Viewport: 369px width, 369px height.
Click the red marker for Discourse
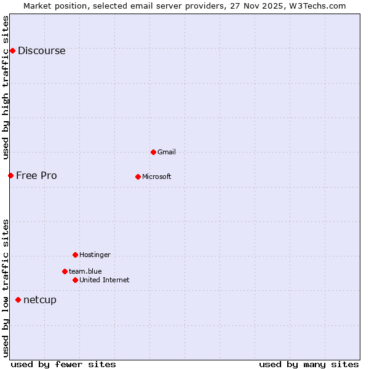(x=12, y=50)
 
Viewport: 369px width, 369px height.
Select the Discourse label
(x=41, y=51)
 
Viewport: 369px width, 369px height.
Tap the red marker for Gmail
(x=153, y=152)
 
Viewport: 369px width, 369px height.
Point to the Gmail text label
(x=167, y=152)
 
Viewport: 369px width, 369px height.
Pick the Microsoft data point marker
(x=138, y=177)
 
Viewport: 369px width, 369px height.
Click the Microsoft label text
(x=156, y=177)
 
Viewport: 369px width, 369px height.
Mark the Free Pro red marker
(x=10, y=175)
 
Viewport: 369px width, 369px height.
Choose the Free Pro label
(x=36, y=176)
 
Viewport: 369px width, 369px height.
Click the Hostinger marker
(x=75, y=255)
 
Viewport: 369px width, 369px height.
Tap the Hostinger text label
(x=95, y=255)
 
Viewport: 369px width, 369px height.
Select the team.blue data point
(x=65, y=271)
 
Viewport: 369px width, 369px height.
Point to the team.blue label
(x=85, y=271)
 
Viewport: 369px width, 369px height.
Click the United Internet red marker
(x=75, y=280)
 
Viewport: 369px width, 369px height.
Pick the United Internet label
(x=104, y=280)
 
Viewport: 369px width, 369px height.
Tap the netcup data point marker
(x=18, y=300)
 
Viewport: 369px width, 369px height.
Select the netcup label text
(x=39, y=300)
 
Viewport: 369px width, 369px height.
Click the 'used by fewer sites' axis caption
(x=63, y=364)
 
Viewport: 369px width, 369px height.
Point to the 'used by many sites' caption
(x=309, y=364)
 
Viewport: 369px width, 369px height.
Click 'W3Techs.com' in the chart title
(x=318, y=6)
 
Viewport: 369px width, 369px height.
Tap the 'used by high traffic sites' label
(x=6, y=87)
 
